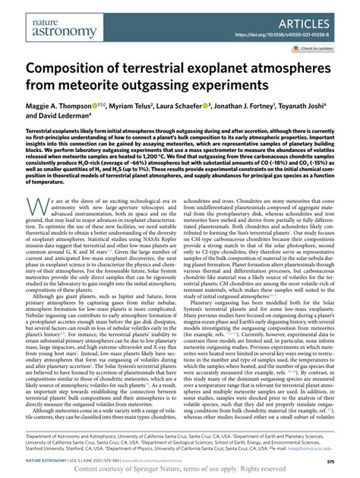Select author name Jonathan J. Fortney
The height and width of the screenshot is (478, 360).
coord(270,107)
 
